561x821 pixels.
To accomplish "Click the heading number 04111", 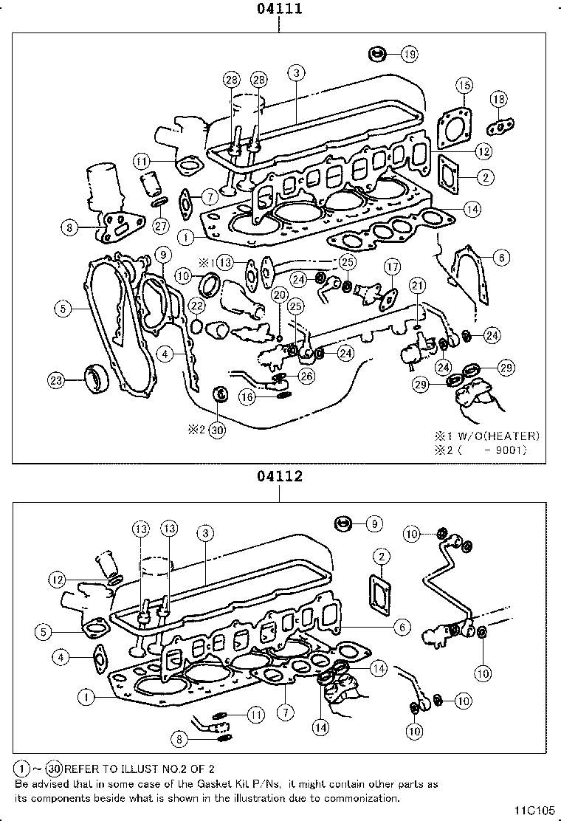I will pyautogui.click(x=280, y=9).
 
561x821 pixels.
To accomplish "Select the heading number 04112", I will pyautogui.click(x=280, y=476).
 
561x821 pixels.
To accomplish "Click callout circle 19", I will pyautogui.click(x=409, y=54).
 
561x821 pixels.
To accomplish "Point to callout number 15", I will pyautogui.click(x=464, y=85).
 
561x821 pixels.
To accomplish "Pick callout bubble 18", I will pyautogui.click(x=499, y=100).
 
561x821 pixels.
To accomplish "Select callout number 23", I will pyautogui.click(x=56, y=381).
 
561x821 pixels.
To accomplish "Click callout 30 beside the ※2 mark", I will pyautogui.click(x=216, y=430).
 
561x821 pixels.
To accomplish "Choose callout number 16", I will pyautogui.click(x=248, y=396).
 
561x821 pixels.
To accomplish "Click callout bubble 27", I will pyautogui.click(x=161, y=227).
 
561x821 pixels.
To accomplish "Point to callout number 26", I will pyautogui.click(x=306, y=375).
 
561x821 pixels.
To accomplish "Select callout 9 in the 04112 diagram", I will pyautogui.click(x=374, y=523).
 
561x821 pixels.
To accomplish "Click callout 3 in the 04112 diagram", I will pyautogui.click(x=205, y=532).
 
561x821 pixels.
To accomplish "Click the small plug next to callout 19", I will pyautogui.click(x=377, y=54).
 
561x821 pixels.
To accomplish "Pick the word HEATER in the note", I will pyautogui.click(x=512, y=436).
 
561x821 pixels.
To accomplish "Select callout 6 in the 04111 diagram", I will pyautogui.click(x=500, y=257).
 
